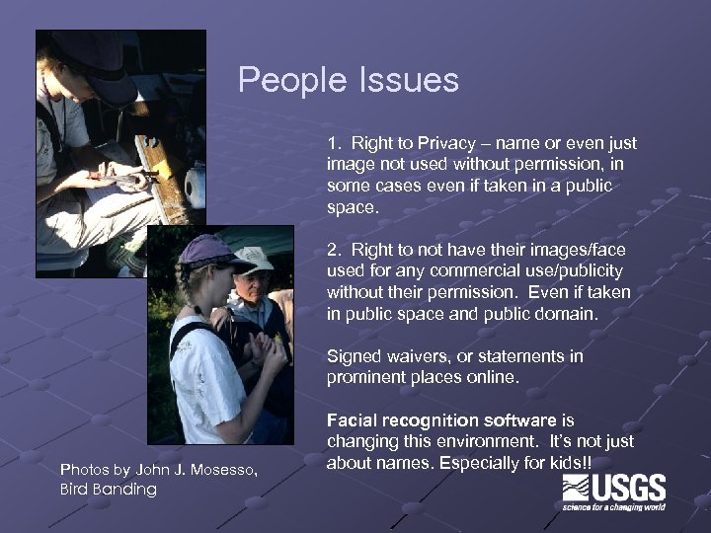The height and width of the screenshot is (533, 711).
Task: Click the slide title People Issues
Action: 348,80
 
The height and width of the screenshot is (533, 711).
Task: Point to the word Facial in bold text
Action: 353,420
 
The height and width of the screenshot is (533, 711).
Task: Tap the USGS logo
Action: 613,493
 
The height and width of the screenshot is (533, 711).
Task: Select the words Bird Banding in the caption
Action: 108,490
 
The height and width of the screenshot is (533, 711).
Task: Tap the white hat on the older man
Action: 256,259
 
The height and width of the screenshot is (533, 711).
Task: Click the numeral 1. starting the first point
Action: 334,144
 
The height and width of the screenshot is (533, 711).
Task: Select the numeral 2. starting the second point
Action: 334,251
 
